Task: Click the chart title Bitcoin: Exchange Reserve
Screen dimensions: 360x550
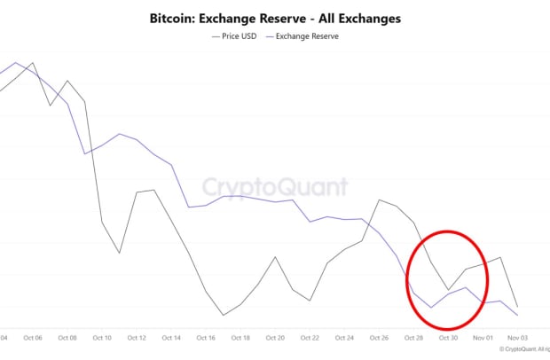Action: click(275, 18)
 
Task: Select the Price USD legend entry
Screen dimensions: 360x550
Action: click(236, 36)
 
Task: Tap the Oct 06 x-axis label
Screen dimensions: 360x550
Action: click(33, 338)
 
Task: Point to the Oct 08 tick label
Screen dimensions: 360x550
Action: click(67, 338)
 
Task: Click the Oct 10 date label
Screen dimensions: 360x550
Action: click(102, 338)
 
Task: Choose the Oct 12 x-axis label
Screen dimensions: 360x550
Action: click(137, 338)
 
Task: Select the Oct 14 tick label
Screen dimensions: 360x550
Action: click(171, 338)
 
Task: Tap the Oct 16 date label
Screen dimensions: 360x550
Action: click(206, 338)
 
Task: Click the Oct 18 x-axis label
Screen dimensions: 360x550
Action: click(240, 338)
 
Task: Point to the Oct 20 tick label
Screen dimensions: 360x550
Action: click(275, 338)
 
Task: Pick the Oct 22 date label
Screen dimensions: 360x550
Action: click(310, 338)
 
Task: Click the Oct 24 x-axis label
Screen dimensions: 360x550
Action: click(344, 338)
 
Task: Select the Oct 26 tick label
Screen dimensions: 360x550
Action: click(379, 338)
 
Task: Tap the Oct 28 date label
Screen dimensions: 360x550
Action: click(413, 338)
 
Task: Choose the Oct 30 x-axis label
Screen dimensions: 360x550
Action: click(448, 338)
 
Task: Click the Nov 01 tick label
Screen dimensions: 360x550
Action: click(483, 338)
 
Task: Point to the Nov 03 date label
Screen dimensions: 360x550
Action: click(517, 338)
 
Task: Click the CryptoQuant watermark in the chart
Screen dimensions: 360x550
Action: click(274, 187)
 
